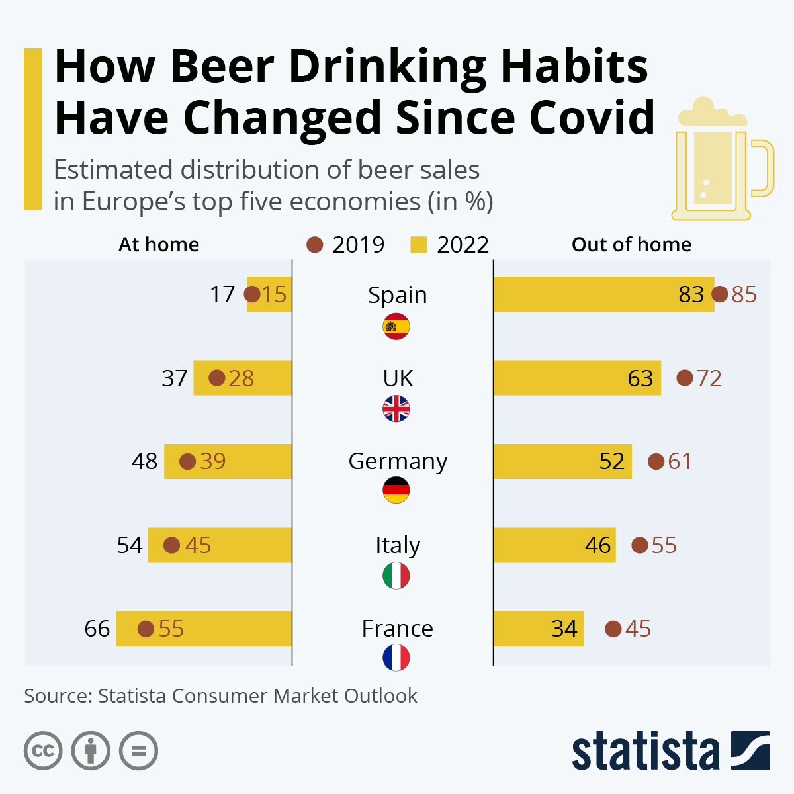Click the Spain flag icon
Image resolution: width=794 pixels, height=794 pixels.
click(396, 327)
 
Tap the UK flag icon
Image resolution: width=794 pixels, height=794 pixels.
click(396, 409)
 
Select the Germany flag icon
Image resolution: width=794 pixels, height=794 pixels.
click(396, 490)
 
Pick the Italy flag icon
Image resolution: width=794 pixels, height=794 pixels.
click(396, 576)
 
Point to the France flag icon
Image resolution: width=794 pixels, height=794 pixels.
click(396, 658)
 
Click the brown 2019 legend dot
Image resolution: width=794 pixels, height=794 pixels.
click(315, 245)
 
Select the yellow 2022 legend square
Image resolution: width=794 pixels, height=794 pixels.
click(419, 245)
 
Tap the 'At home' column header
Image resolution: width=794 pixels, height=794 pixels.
click(159, 245)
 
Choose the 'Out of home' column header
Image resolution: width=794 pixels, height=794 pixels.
click(631, 245)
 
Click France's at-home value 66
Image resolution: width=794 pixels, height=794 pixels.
click(97, 629)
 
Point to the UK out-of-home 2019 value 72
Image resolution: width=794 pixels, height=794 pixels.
click(709, 378)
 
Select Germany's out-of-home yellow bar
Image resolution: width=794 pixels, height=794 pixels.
click(562, 461)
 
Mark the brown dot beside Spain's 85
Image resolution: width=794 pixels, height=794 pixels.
click(720, 294)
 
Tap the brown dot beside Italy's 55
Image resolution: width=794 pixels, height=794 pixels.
click(640, 545)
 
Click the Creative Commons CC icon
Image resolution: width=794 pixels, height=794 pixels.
click(44, 751)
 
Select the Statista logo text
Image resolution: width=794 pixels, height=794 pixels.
click(645, 752)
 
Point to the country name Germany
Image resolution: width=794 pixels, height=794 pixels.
click(398, 461)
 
